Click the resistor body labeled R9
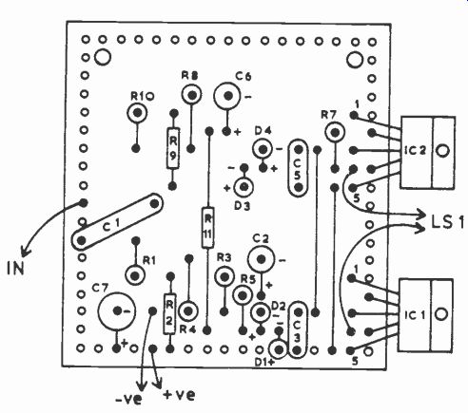[173, 148]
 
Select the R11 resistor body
[207, 227]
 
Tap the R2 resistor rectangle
[169, 313]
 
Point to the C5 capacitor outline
[289, 168]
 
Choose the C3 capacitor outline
[289, 329]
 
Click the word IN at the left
[15, 269]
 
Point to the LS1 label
[447, 221]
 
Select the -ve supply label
[128, 400]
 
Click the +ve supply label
[179, 395]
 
